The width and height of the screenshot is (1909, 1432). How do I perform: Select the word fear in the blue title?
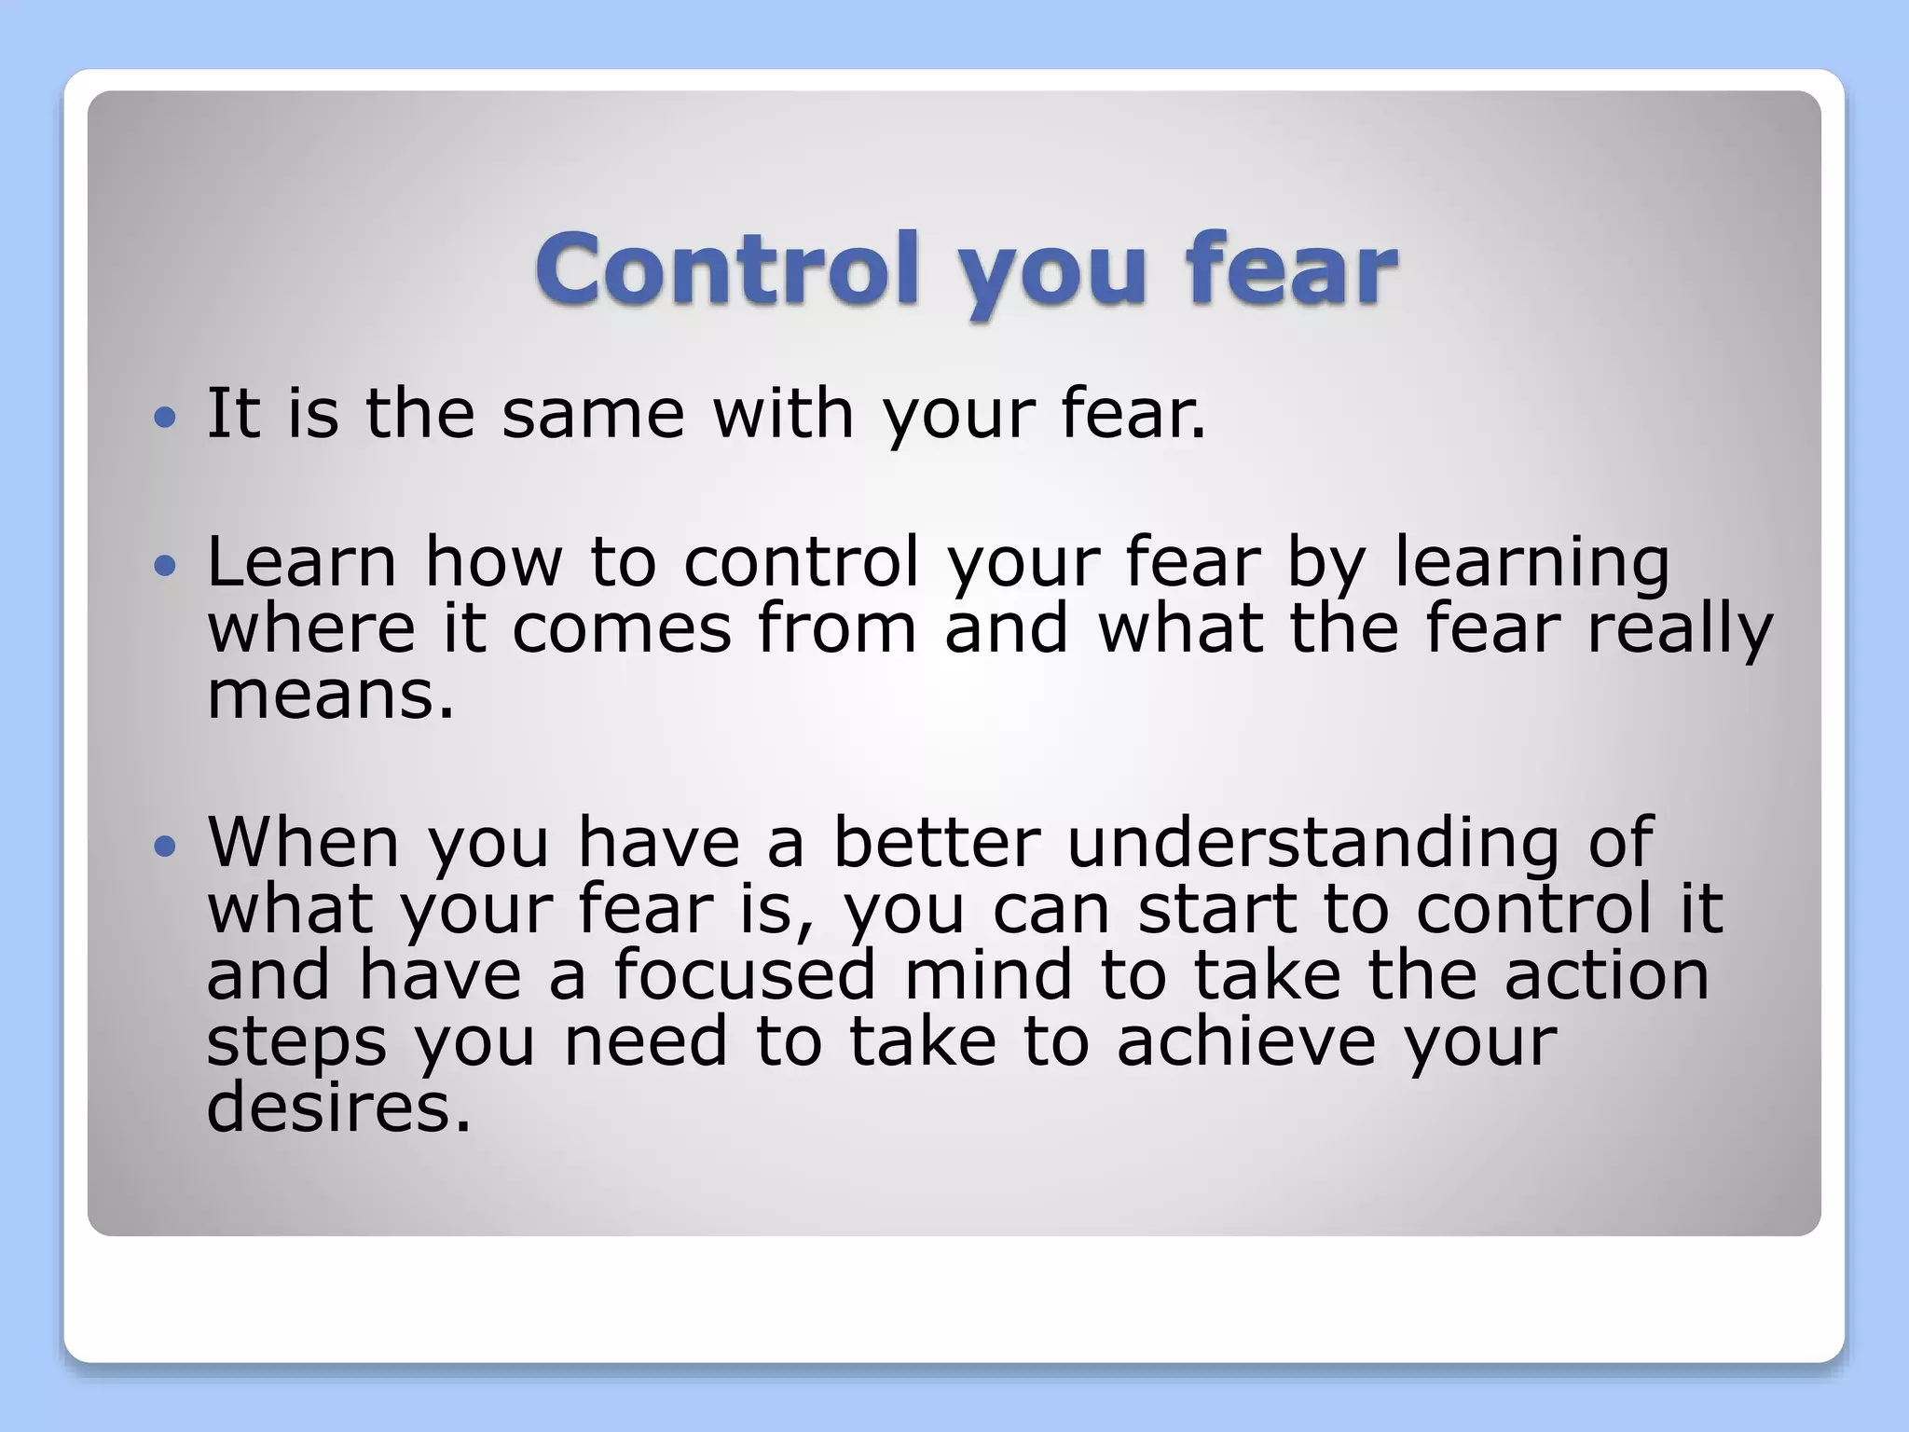(1291, 268)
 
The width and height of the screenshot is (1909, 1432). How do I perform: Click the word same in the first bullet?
(593, 415)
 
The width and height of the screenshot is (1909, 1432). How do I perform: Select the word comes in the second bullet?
(622, 629)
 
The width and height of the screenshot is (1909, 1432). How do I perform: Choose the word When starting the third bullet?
(304, 843)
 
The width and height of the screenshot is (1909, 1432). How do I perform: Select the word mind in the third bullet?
(988, 975)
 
